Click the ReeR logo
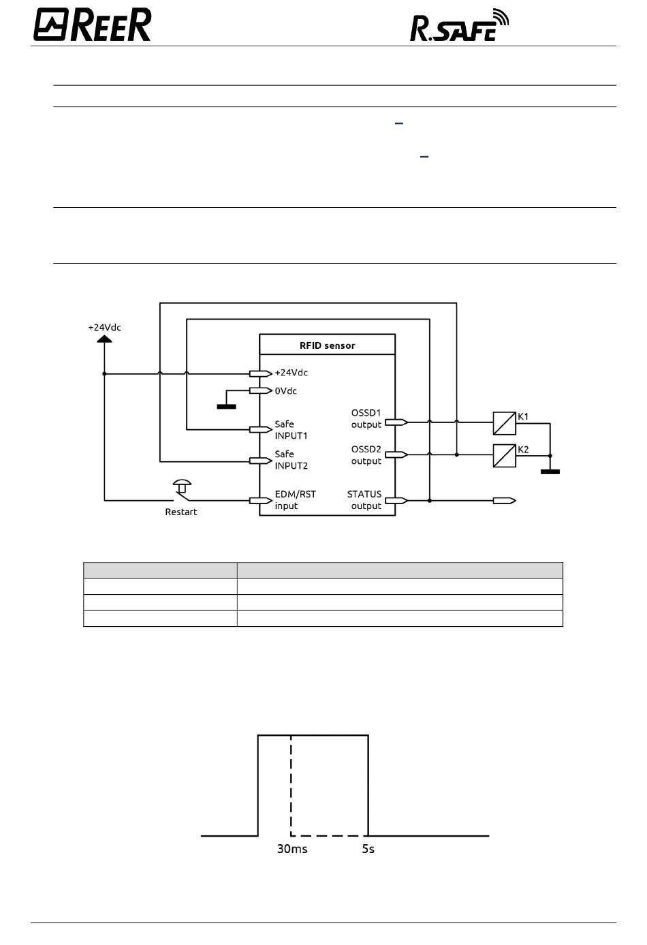(92, 25)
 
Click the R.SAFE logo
(459, 25)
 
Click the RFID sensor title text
(328, 345)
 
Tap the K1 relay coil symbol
(505, 423)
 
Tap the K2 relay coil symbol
(505, 456)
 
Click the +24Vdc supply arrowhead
(104, 339)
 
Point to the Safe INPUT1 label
(291, 430)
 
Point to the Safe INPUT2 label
(291, 460)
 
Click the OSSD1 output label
(366, 418)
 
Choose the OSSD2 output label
(366, 454)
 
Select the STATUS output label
(364, 500)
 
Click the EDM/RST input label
(296, 500)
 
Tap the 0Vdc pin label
(285, 391)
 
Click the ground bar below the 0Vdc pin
(227, 407)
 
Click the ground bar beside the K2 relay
(550, 471)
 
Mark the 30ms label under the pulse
(292, 849)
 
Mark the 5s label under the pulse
(368, 849)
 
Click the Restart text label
(181, 512)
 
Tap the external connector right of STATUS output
(505, 501)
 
